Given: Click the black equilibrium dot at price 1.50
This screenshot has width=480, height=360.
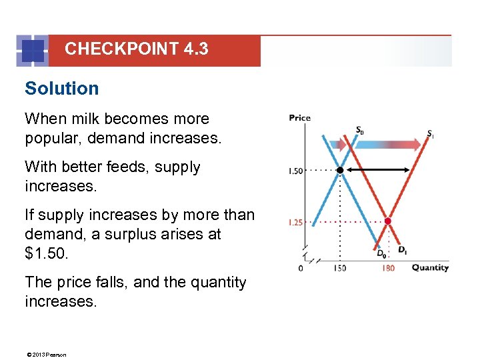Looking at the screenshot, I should pyautogui.click(x=339, y=171).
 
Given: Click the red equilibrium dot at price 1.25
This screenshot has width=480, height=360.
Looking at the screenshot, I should pyautogui.click(x=387, y=221).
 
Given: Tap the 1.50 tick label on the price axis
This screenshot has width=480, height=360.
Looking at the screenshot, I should pyautogui.click(x=295, y=171).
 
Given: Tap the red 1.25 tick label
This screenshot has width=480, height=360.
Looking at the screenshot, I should pyautogui.click(x=295, y=222).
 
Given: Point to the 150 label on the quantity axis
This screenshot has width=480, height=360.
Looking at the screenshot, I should pyautogui.click(x=340, y=268).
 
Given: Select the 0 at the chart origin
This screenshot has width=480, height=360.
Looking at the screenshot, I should pyautogui.click(x=300, y=268).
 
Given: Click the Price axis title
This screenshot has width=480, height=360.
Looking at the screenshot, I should pyautogui.click(x=299, y=118).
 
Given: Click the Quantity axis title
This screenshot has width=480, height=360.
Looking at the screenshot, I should pyautogui.click(x=429, y=268).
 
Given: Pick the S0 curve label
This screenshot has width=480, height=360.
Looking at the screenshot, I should pyautogui.click(x=359, y=130).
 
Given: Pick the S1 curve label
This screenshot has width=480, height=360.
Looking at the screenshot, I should pyautogui.click(x=431, y=133).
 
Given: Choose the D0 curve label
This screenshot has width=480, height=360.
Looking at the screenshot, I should pyautogui.click(x=381, y=253).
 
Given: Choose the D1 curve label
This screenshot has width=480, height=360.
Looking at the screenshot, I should pyautogui.click(x=403, y=250).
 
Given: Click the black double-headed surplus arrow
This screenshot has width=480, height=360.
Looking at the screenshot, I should pyautogui.click(x=377, y=171).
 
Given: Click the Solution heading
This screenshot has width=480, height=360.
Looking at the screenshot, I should pyautogui.click(x=61, y=89).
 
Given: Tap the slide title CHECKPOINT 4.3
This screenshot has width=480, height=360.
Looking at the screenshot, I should pyautogui.click(x=136, y=49).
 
